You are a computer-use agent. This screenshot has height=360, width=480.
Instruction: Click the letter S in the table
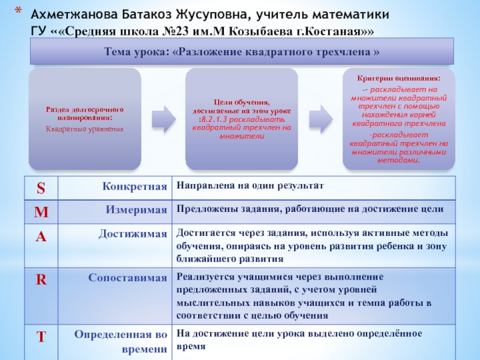click(41, 188)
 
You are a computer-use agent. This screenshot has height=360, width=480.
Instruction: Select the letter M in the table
click(41, 211)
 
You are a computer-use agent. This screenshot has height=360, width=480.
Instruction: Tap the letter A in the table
click(41, 236)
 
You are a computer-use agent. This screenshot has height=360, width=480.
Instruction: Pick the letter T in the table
click(41, 337)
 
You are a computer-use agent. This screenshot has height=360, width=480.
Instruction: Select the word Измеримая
click(136, 210)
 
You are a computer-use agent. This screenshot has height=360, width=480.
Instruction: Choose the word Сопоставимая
click(128, 278)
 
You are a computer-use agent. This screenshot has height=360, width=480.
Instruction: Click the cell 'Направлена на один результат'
click(250, 187)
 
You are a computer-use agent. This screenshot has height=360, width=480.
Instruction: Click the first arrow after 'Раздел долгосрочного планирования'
click(161, 118)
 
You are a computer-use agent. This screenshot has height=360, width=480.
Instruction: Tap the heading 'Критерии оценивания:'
click(398, 78)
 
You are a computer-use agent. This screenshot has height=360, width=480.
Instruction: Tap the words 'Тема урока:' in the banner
click(136, 52)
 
